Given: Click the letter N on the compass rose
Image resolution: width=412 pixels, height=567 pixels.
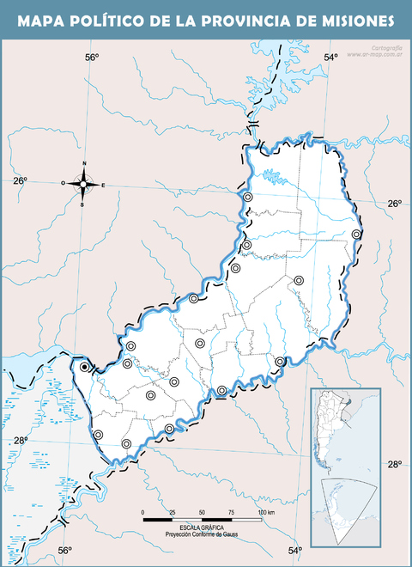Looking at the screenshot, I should click(x=84, y=163).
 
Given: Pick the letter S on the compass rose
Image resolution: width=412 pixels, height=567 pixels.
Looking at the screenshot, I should click(x=82, y=205).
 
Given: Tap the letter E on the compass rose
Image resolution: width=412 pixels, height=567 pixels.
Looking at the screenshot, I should click(x=104, y=185).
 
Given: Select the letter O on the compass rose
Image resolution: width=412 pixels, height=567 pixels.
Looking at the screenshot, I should click(x=63, y=183).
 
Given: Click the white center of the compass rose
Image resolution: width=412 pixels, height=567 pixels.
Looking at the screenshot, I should click(x=83, y=183).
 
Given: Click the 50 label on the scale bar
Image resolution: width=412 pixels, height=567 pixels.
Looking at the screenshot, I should click(x=202, y=513).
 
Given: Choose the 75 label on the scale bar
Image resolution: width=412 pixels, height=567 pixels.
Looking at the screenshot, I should click(x=231, y=513).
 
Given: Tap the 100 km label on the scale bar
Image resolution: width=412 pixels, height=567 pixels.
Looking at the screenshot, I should click(x=265, y=513).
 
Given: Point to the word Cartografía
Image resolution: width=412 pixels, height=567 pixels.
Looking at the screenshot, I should click(x=384, y=47).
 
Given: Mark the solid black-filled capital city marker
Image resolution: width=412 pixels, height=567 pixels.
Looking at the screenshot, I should click(x=84, y=367).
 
